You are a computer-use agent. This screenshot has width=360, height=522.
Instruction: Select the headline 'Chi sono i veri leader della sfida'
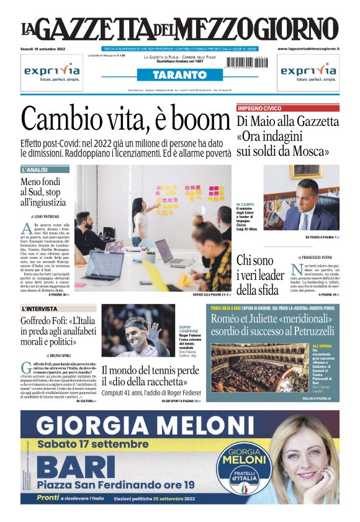click(x=260, y=275)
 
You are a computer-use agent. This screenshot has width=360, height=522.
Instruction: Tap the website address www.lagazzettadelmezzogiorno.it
click(x=308, y=48)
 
